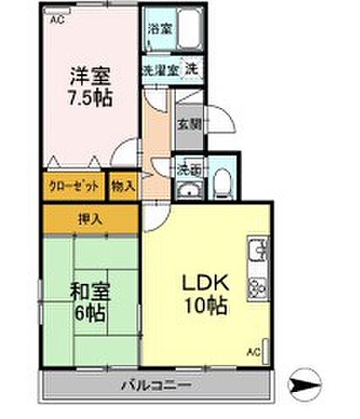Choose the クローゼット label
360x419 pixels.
coord(73,186)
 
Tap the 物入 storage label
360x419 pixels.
coord(124,186)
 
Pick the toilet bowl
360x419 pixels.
coord(221,183)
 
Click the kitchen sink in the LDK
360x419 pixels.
coord(258,252)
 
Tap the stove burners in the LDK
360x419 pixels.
coord(258,285)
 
